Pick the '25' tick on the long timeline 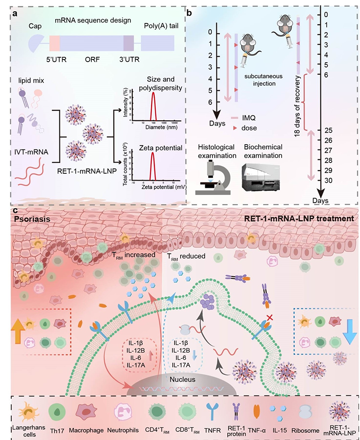pos(328,130)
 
